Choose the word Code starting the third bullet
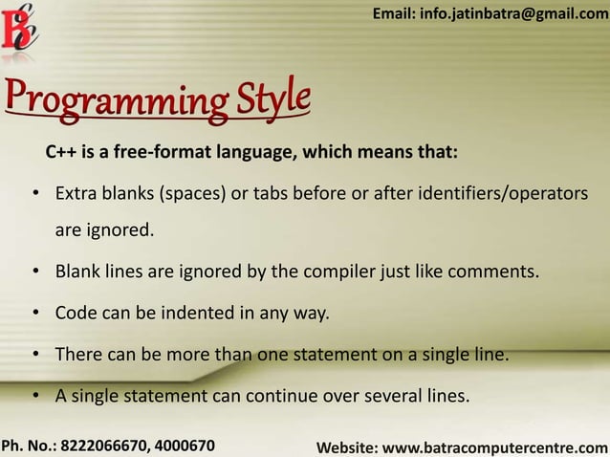coord(74,313)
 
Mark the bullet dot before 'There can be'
coord(35,355)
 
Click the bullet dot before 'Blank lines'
coord(35,272)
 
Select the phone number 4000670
coord(184,446)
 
